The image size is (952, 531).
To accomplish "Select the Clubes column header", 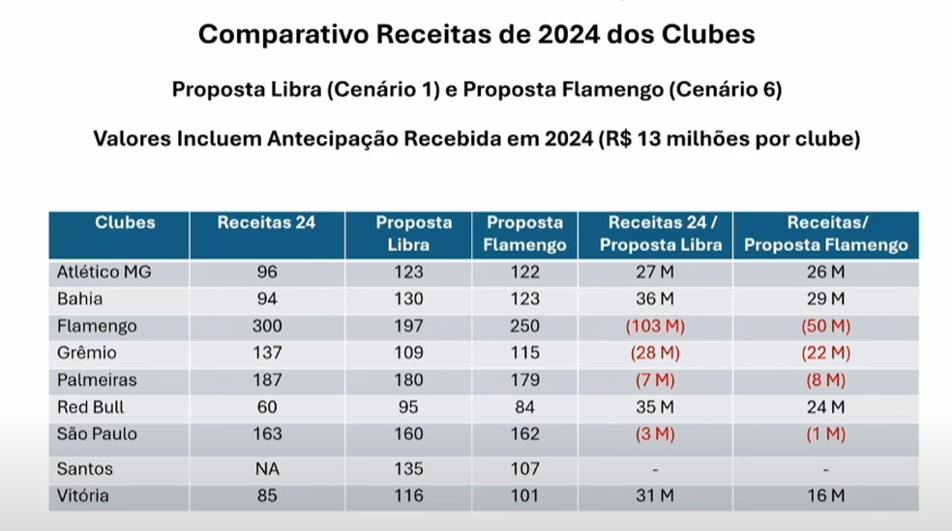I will (x=125, y=222).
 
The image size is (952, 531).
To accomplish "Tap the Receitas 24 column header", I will (x=266, y=222).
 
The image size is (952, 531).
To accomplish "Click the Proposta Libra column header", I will (x=414, y=233).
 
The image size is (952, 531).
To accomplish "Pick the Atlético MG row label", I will (x=104, y=272).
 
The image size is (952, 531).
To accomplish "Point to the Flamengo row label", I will (x=97, y=326).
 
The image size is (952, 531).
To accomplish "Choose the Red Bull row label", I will (x=91, y=407).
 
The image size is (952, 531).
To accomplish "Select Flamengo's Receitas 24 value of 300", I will (x=267, y=326).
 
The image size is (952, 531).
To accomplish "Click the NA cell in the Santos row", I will (x=267, y=469).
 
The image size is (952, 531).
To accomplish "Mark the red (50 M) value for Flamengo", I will (x=826, y=326).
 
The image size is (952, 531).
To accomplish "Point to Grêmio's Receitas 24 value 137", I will (x=267, y=353).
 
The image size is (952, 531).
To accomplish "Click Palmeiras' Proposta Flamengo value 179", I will (x=525, y=380).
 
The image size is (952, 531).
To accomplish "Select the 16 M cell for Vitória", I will (x=826, y=496).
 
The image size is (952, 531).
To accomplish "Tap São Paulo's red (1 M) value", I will (x=826, y=434).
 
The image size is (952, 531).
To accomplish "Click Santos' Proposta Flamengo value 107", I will (x=525, y=469).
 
